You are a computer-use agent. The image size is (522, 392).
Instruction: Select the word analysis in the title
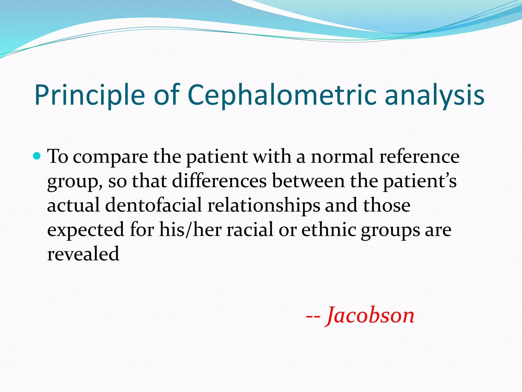[x=434, y=95]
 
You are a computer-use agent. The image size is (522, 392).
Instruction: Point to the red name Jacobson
[x=371, y=315]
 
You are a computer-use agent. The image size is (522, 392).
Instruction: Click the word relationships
[x=264, y=206]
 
